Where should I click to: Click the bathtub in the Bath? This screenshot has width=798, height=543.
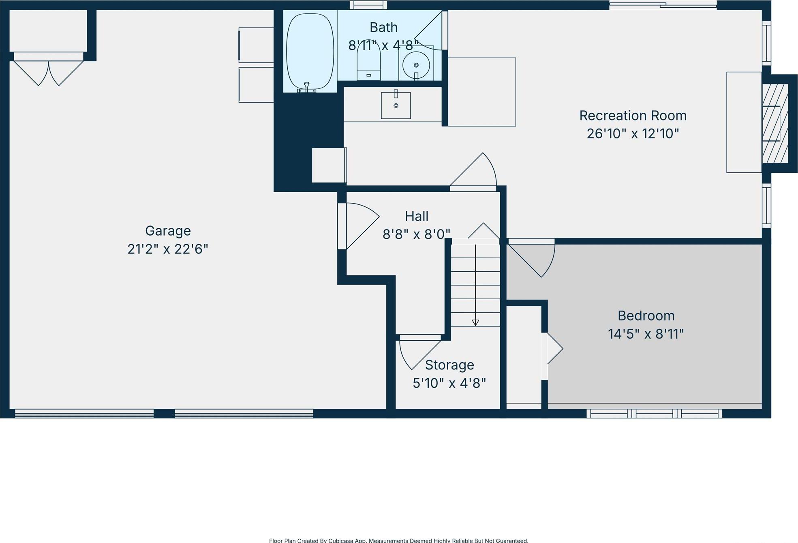pos(310,52)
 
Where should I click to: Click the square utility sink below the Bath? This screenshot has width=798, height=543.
pos(396,105)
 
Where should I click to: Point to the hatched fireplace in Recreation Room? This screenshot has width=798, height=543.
pos(775,123)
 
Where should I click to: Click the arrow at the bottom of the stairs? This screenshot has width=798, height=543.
pos(475,322)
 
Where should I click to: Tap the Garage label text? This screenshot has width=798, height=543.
pos(168,231)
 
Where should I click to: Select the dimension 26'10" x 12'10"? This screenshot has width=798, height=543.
pos(633,133)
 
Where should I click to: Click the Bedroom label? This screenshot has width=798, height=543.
pos(646,315)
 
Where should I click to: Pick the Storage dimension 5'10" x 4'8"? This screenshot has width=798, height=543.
pos(449,383)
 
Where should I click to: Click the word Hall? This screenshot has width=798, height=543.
pos(417,216)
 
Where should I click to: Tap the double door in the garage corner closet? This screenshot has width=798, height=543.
pos(49,72)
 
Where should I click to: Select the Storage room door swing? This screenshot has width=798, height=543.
pos(417,352)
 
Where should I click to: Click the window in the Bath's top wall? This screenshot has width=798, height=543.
pos(368,5)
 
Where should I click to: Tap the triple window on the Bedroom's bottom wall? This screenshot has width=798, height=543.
pos(654,413)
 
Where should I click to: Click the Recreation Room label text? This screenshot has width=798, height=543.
pos(633,116)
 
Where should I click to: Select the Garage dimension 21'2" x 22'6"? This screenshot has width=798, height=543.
pos(168,249)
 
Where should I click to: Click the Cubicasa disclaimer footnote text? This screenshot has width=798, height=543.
pos(398,540)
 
